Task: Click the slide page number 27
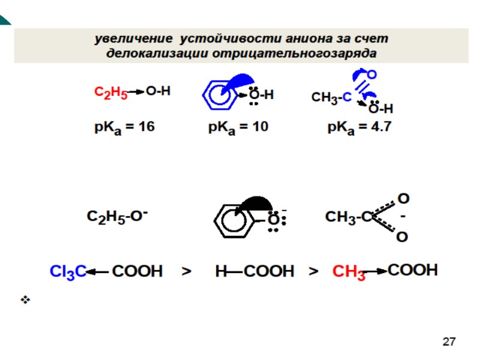(449, 342)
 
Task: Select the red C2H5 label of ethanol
(110, 92)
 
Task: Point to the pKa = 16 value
(124, 127)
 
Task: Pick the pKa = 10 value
(238, 127)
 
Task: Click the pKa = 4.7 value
(359, 127)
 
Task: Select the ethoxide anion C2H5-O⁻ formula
(117, 217)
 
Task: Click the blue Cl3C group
(68, 272)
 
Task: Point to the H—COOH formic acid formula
(254, 272)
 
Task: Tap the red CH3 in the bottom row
(349, 273)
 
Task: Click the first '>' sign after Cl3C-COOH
(187, 272)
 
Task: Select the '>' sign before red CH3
(313, 272)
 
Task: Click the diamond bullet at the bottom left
(25, 299)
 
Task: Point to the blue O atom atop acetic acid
(371, 74)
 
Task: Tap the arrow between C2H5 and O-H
(136, 92)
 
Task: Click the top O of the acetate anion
(404, 197)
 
